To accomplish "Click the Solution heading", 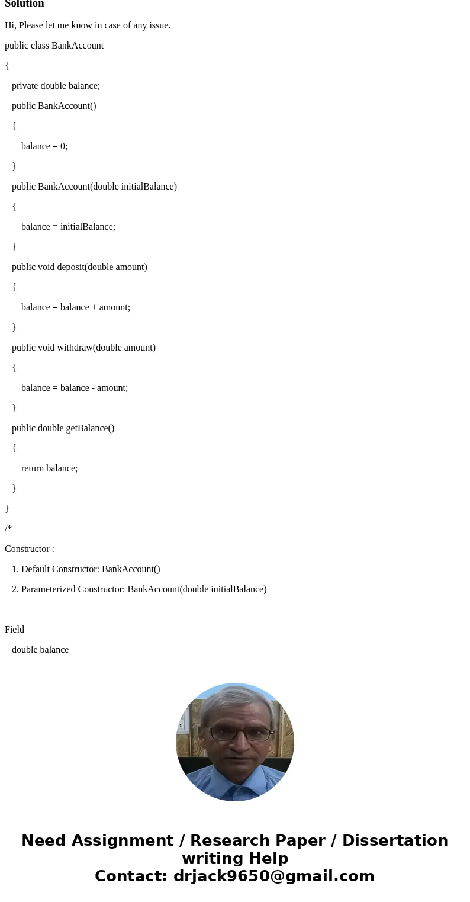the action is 24,4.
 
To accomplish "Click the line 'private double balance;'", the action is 56,86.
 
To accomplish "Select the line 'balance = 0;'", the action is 44,146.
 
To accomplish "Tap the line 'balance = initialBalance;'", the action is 68,227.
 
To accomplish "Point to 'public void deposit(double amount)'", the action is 79,267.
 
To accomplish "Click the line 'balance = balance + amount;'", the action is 76,307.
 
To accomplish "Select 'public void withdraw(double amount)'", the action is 83,348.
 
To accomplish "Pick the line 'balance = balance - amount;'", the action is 75,388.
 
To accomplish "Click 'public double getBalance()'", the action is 63,428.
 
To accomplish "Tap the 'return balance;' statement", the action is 49,468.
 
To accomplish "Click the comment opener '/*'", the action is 8,529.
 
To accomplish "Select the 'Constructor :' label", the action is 30,549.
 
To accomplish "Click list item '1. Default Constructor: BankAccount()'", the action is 86,569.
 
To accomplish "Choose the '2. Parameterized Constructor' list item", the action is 139,589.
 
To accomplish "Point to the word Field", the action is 14,630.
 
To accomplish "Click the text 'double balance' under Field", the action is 40,650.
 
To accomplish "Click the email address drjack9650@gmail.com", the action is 273,876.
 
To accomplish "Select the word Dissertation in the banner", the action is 395,840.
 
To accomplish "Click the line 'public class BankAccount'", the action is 54,46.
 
